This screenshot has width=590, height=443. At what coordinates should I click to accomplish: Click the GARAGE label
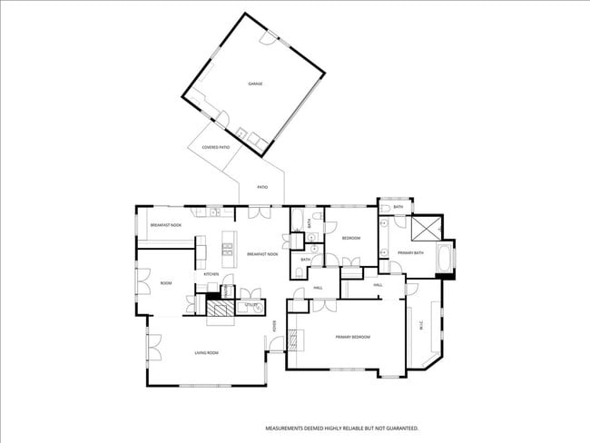click(x=255, y=84)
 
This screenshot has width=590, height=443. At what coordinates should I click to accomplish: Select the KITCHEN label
click(x=211, y=273)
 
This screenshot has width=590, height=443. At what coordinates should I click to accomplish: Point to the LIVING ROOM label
click(x=206, y=352)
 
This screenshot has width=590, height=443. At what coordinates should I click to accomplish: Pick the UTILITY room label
click(x=248, y=305)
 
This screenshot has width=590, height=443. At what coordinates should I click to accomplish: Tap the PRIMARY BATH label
click(x=411, y=253)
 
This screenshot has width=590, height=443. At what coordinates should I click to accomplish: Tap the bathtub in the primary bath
click(x=445, y=259)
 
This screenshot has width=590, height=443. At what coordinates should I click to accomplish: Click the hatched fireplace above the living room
click(x=220, y=311)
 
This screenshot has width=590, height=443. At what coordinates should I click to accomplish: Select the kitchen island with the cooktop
click(x=227, y=253)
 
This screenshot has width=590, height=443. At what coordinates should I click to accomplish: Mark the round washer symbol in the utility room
click(x=257, y=309)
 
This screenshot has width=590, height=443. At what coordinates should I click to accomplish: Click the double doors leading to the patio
click(x=260, y=214)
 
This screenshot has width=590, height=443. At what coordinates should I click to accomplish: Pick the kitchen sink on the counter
click(x=214, y=212)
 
